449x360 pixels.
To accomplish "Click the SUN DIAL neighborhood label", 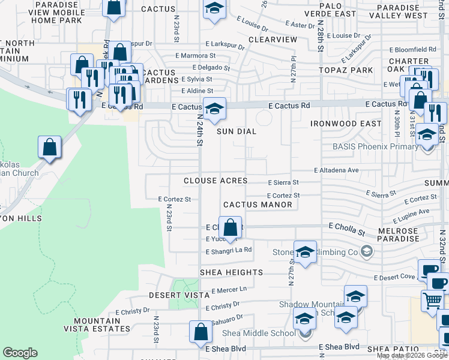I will pyautogui.click(x=237, y=131).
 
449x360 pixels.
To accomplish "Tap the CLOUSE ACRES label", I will pyautogui.click(x=215, y=181).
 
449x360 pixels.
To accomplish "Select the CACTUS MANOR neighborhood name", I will pyautogui.click(x=258, y=205).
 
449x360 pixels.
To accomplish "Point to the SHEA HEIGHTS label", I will pyautogui.click(x=231, y=272).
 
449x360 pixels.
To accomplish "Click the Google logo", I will pyautogui.click(x=20, y=353).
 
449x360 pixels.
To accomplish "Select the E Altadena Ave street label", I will pyautogui.click(x=336, y=170).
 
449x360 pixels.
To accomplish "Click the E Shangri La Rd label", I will pyautogui.click(x=229, y=250).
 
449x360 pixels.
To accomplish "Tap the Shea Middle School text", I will pyautogui.click(x=259, y=334).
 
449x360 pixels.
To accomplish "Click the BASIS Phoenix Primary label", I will pyautogui.click(x=375, y=147).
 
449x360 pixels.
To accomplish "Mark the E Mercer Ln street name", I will pyautogui.click(x=229, y=290).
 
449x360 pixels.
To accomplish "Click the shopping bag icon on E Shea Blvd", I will pyautogui.click(x=200, y=332).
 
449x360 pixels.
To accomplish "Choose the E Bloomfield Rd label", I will pyautogui.click(x=412, y=50).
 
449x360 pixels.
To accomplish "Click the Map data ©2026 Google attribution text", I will pyautogui.click(x=412, y=355).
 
